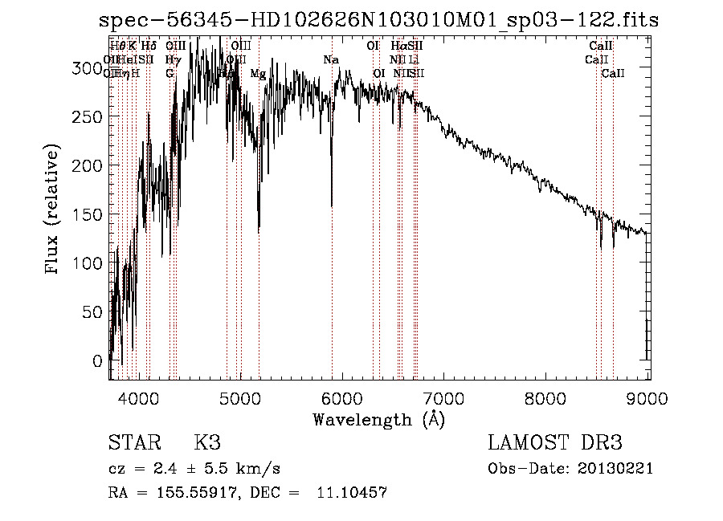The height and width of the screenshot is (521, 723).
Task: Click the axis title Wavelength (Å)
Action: coord(378,419)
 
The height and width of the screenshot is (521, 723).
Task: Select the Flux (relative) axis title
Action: coord(53,210)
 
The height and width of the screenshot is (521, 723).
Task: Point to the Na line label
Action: coord(331,59)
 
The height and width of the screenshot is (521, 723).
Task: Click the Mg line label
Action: coord(258,74)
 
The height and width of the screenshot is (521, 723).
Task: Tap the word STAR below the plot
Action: coord(133,443)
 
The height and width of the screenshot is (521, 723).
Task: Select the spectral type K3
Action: coord(207,443)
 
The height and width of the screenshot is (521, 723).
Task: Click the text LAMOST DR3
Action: coord(555,443)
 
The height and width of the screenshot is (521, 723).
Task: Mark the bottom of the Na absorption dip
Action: coord(332,206)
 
